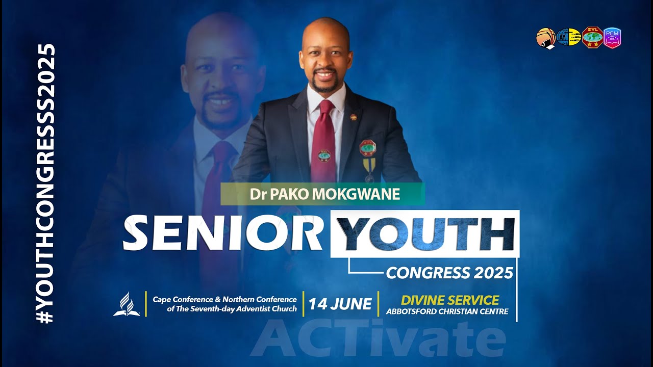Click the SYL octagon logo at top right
(592, 37)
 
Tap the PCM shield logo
(612, 38)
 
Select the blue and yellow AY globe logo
(568, 37)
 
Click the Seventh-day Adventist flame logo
(126, 304)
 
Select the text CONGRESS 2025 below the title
(449, 273)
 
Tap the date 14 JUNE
(340, 304)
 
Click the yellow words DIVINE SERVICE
(449, 300)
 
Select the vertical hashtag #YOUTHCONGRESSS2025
(46, 183)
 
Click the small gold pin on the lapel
(353, 118)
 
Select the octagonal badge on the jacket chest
(368, 147)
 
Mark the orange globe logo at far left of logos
(545, 38)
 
